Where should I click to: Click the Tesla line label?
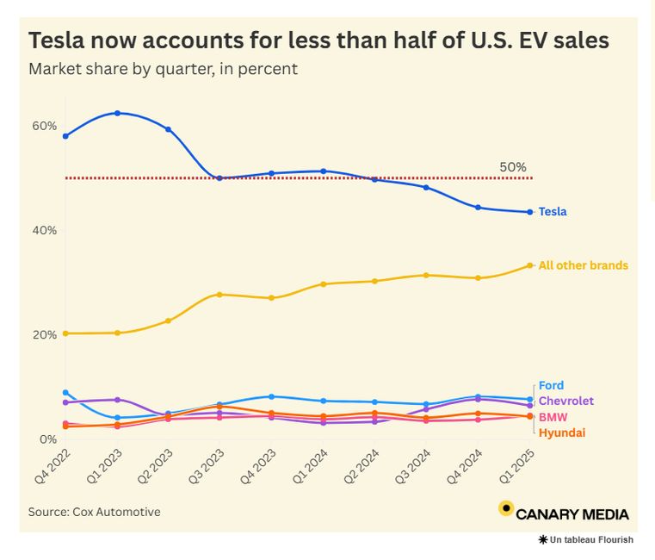click(553, 212)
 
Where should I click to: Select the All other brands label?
click(583, 265)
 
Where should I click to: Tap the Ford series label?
click(551, 386)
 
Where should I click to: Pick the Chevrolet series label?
click(565, 401)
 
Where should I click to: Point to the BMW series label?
click(553, 417)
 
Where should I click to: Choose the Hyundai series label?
click(561, 432)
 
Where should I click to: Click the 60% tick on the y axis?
click(45, 126)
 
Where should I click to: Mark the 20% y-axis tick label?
click(45, 335)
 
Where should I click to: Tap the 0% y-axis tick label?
click(48, 439)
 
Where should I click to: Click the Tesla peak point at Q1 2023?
click(117, 113)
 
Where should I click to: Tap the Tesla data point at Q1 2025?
click(530, 212)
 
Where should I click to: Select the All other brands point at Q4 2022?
click(65, 333)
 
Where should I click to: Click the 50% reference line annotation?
click(512, 167)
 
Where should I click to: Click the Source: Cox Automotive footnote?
click(94, 512)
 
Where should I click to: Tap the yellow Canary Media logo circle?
click(506, 508)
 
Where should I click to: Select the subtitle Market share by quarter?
click(163, 69)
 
